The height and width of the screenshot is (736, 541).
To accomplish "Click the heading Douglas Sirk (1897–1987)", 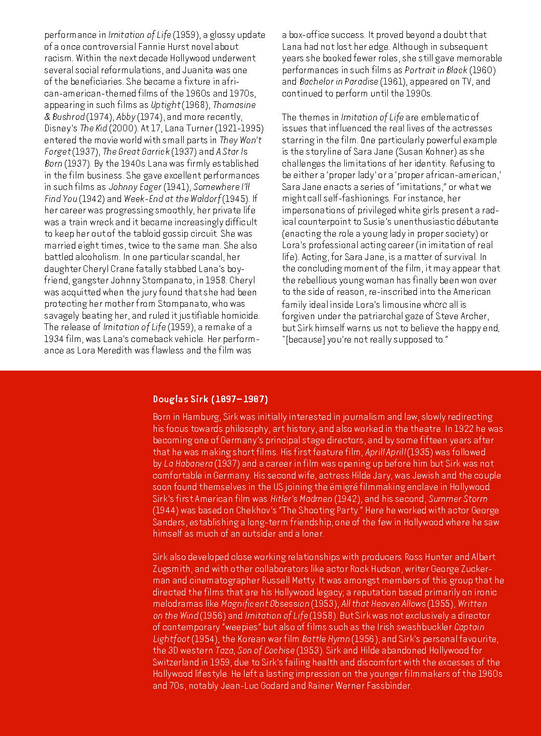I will pyautogui.click(x=210, y=399).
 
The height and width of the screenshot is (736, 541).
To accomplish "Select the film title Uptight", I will pyautogui.click(x=166, y=105).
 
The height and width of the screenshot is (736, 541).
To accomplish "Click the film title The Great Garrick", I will pyautogui.click(x=136, y=152).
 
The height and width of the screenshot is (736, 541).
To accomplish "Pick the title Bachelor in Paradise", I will pyautogui.click(x=339, y=81).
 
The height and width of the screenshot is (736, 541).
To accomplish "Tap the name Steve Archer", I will pyautogui.click(x=461, y=316).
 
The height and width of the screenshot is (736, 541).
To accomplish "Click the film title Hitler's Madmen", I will pyautogui.click(x=301, y=499).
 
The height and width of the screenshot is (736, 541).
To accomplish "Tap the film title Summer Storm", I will pyautogui.click(x=458, y=499).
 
